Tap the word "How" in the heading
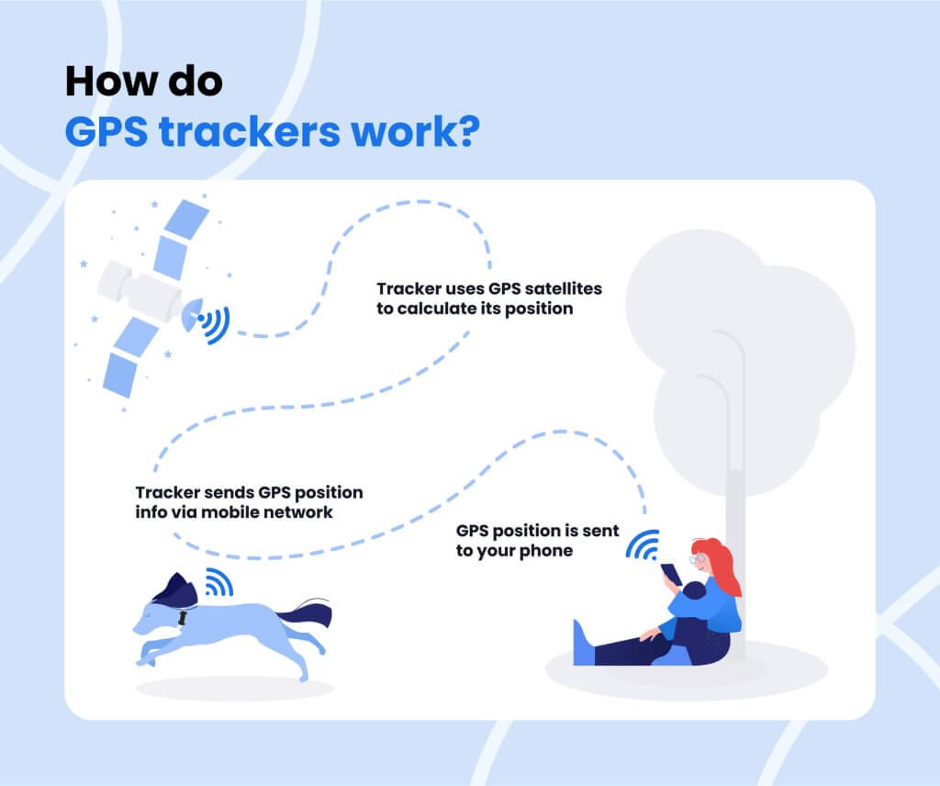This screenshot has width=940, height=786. pyautogui.click(x=104, y=82)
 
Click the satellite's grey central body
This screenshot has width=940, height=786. pyautogui.click(x=138, y=288)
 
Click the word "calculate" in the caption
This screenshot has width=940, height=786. pyautogui.click(x=437, y=309)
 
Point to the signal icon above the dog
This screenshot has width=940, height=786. pyautogui.click(x=218, y=581)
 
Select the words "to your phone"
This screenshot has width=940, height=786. pyautogui.click(x=514, y=551)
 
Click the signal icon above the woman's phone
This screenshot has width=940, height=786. pyautogui.click(x=643, y=545)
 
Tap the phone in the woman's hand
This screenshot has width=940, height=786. pyautogui.click(x=669, y=574)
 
